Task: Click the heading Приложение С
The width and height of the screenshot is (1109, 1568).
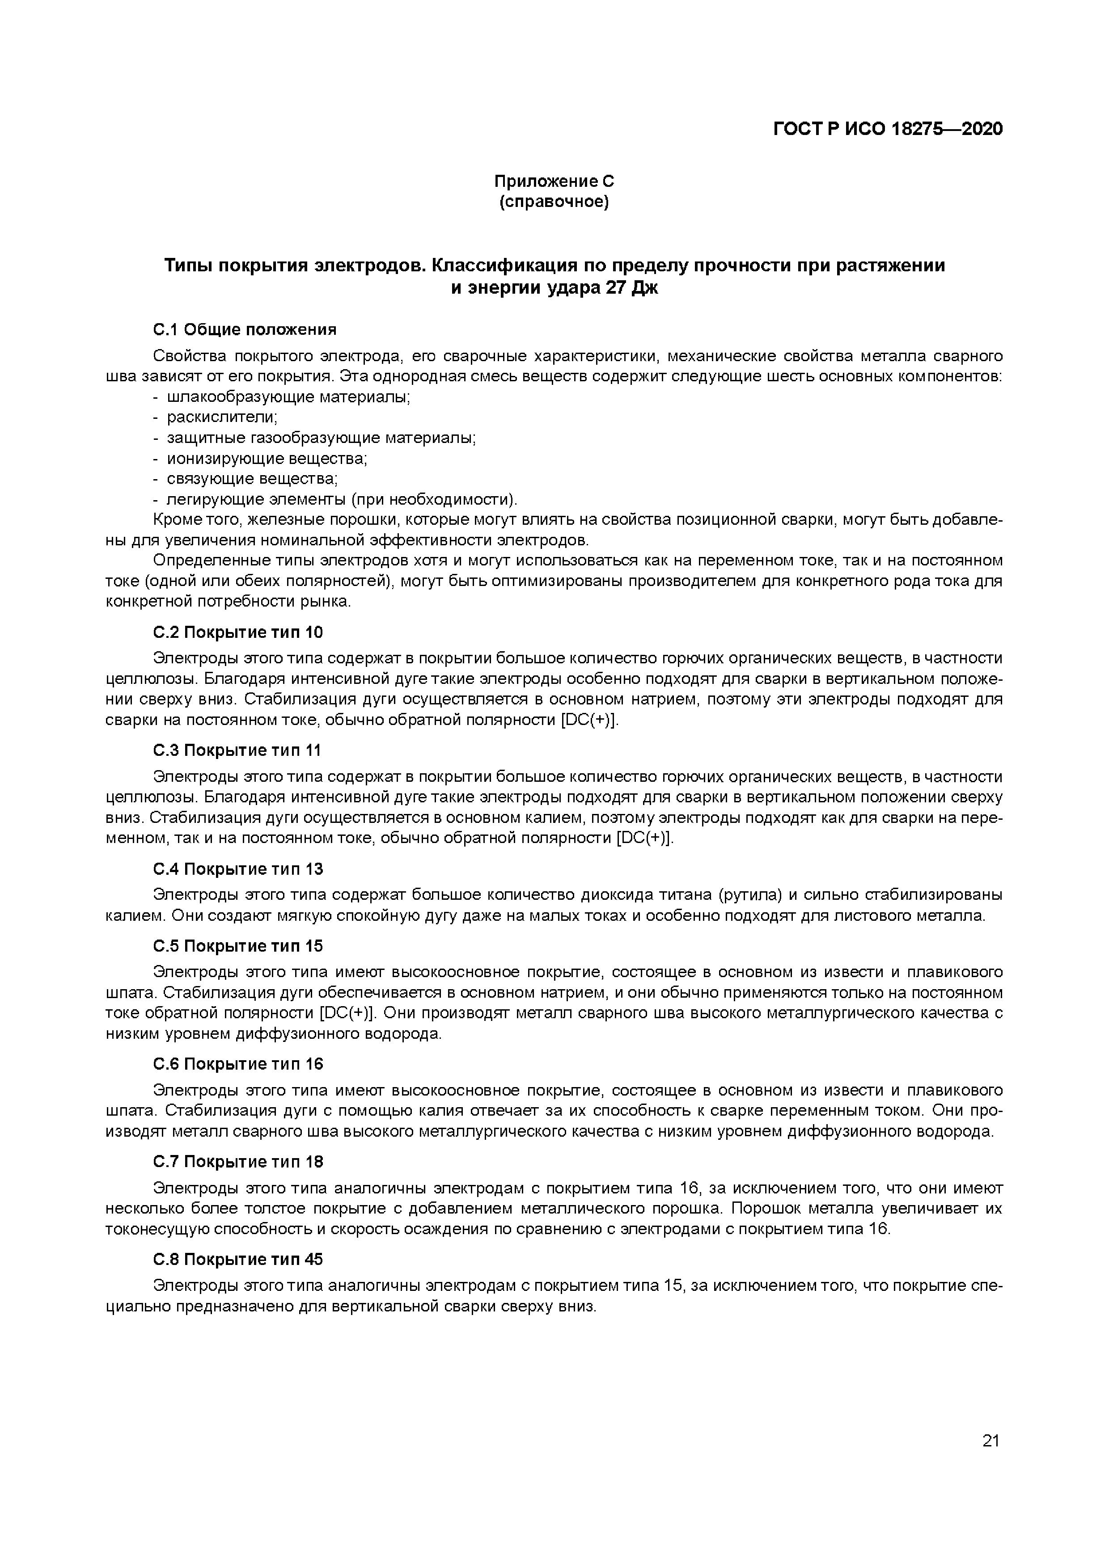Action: [554, 181]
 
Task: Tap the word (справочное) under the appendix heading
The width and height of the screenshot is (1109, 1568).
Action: [554, 202]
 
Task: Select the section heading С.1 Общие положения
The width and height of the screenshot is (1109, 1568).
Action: [245, 330]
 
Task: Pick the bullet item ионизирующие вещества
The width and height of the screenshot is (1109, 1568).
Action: [267, 458]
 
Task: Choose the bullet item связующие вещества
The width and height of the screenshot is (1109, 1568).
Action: [253, 479]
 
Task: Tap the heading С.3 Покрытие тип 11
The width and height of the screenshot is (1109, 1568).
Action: [237, 750]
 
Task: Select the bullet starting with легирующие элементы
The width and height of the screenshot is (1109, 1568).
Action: [342, 499]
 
